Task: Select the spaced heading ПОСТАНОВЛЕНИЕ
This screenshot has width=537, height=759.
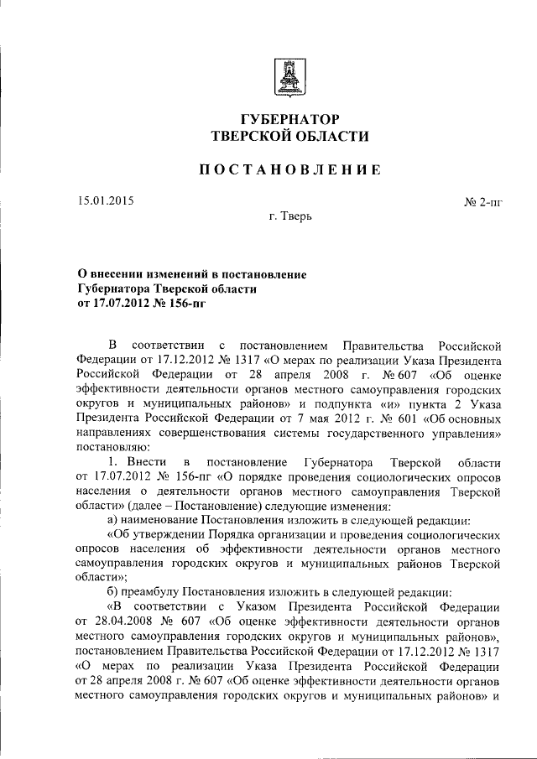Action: coord(289,170)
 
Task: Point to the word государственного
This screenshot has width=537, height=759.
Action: coord(374,434)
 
